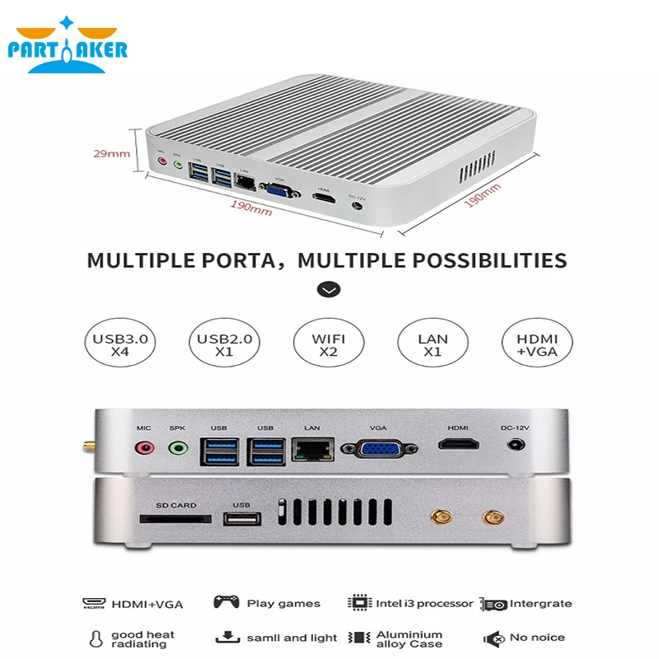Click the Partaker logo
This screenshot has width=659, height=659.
[68, 46]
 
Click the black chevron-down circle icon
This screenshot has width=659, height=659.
[329, 289]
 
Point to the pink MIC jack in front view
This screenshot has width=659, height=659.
[144, 449]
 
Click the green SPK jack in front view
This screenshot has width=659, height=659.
[177, 449]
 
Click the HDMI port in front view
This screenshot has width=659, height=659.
[458, 446]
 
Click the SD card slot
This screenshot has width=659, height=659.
[175, 520]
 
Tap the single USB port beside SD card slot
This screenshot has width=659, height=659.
[241, 519]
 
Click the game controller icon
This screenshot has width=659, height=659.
[227, 603]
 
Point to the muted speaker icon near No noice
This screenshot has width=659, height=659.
[494, 638]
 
